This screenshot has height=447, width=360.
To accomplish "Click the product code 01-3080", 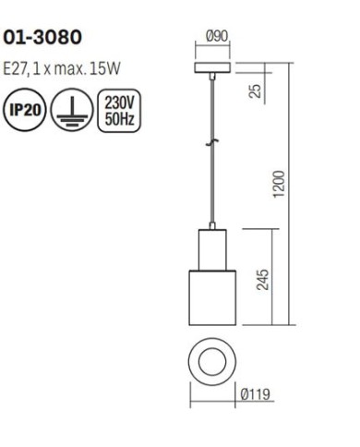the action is pos(42,38).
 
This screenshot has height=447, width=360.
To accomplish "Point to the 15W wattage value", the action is pos(104,69).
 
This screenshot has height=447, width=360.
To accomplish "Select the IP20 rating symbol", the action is pos(25,110).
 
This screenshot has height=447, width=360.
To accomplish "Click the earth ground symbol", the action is pos(72,110).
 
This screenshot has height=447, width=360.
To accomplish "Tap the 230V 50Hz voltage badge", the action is pos(119,111).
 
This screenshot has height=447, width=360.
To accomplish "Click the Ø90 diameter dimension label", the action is pos(217,36).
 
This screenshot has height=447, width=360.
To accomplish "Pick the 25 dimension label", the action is pos(255,91).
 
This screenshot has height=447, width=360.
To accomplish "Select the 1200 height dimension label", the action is pos(280,184).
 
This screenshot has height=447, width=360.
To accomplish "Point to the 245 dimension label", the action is pos(262,280).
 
